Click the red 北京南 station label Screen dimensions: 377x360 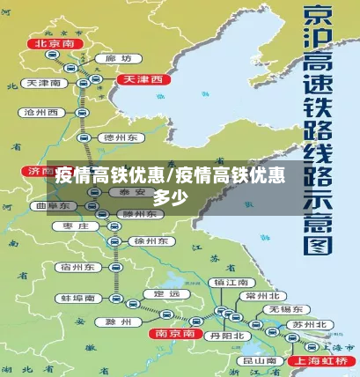(51, 42)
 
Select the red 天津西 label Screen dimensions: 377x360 (142, 79)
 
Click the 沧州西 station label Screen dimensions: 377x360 (40, 113)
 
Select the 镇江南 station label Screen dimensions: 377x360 (231, 282)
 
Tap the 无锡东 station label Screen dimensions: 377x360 (287, 310)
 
